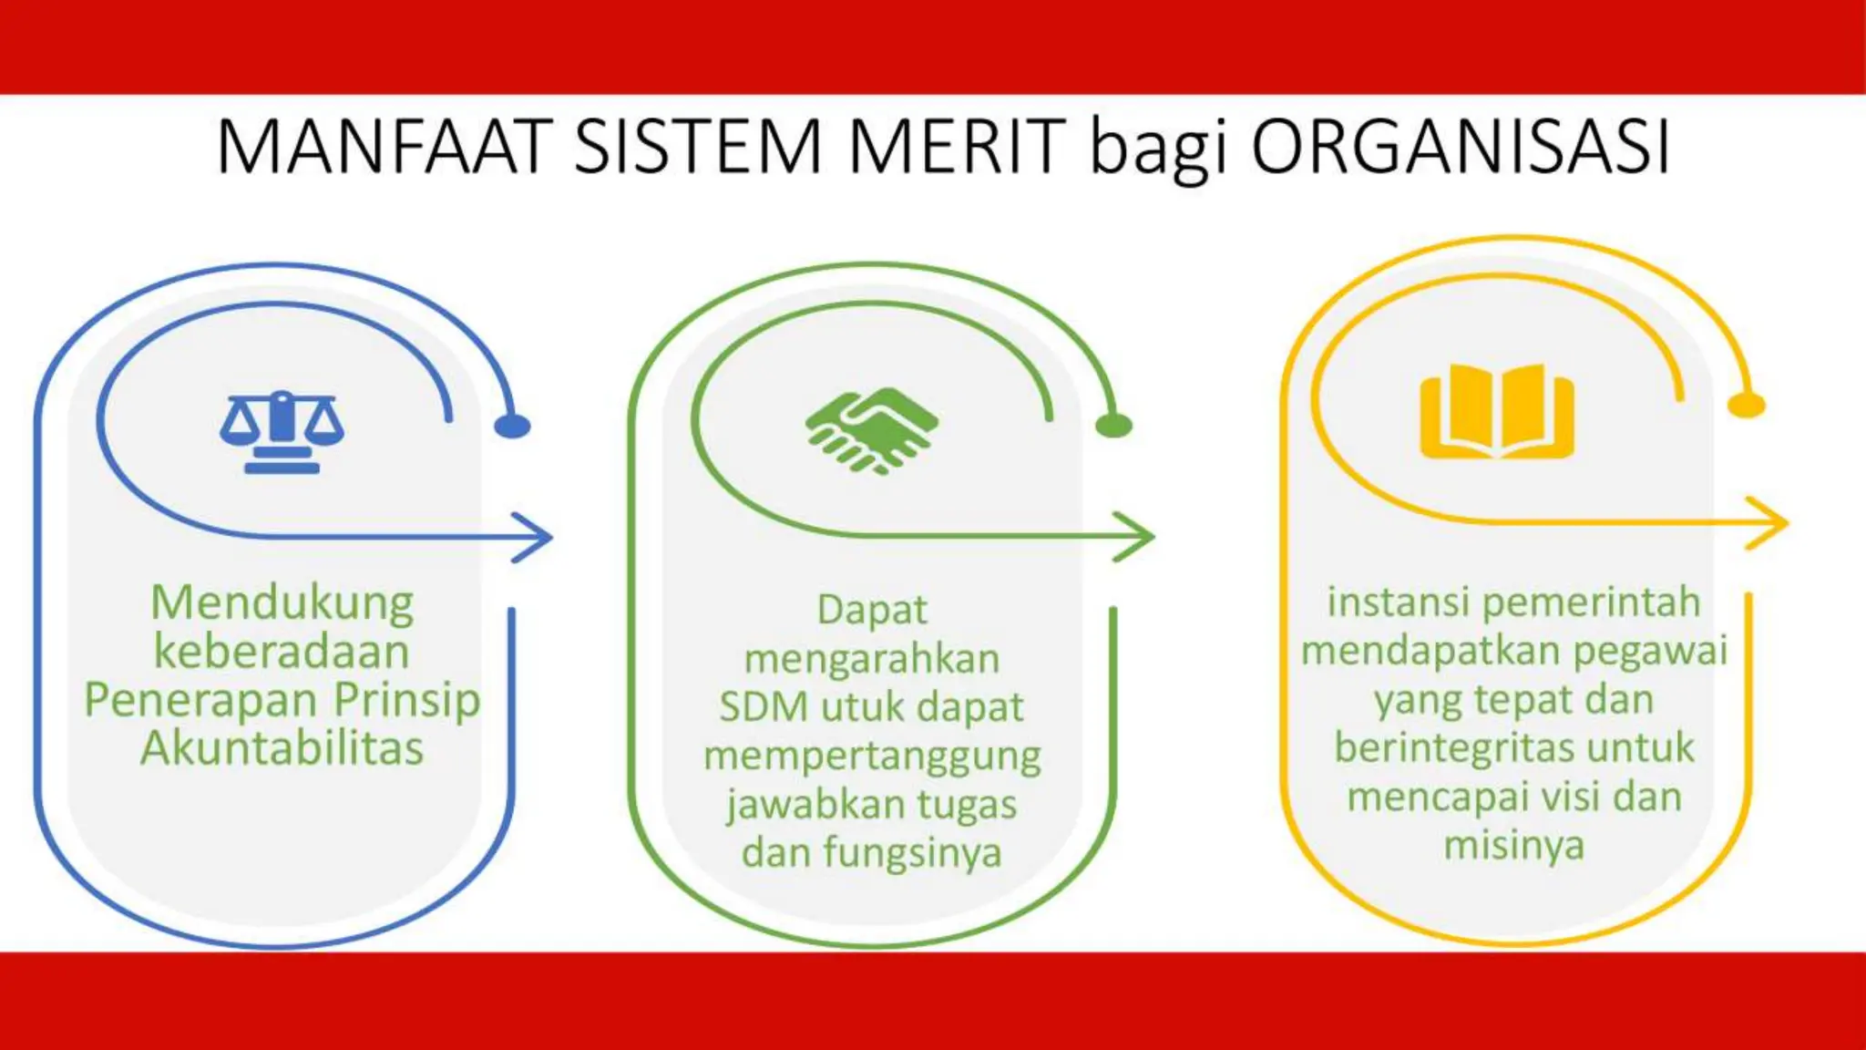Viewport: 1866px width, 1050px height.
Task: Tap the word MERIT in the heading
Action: pos(957,147)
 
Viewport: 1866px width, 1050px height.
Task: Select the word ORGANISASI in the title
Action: pos(1461,147)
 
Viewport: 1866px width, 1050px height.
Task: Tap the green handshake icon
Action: pos(872,430)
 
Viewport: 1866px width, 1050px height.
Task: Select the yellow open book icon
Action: pos(1497,411)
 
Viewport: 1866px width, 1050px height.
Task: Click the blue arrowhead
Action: pos(536,537)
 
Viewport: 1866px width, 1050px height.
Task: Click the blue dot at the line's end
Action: pos(512,426)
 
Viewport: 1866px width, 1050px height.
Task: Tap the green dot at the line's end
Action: pos(1112,425)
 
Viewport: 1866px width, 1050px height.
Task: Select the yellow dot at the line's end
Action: pos(1746,406)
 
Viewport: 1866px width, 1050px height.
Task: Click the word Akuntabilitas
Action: pos(282,748)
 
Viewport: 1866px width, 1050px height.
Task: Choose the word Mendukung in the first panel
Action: pos(282,603)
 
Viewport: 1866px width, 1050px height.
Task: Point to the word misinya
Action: pos(1513,845)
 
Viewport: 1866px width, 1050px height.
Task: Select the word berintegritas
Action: pos(1455,748)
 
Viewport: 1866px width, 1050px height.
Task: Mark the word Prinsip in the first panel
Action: pos(406,700)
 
